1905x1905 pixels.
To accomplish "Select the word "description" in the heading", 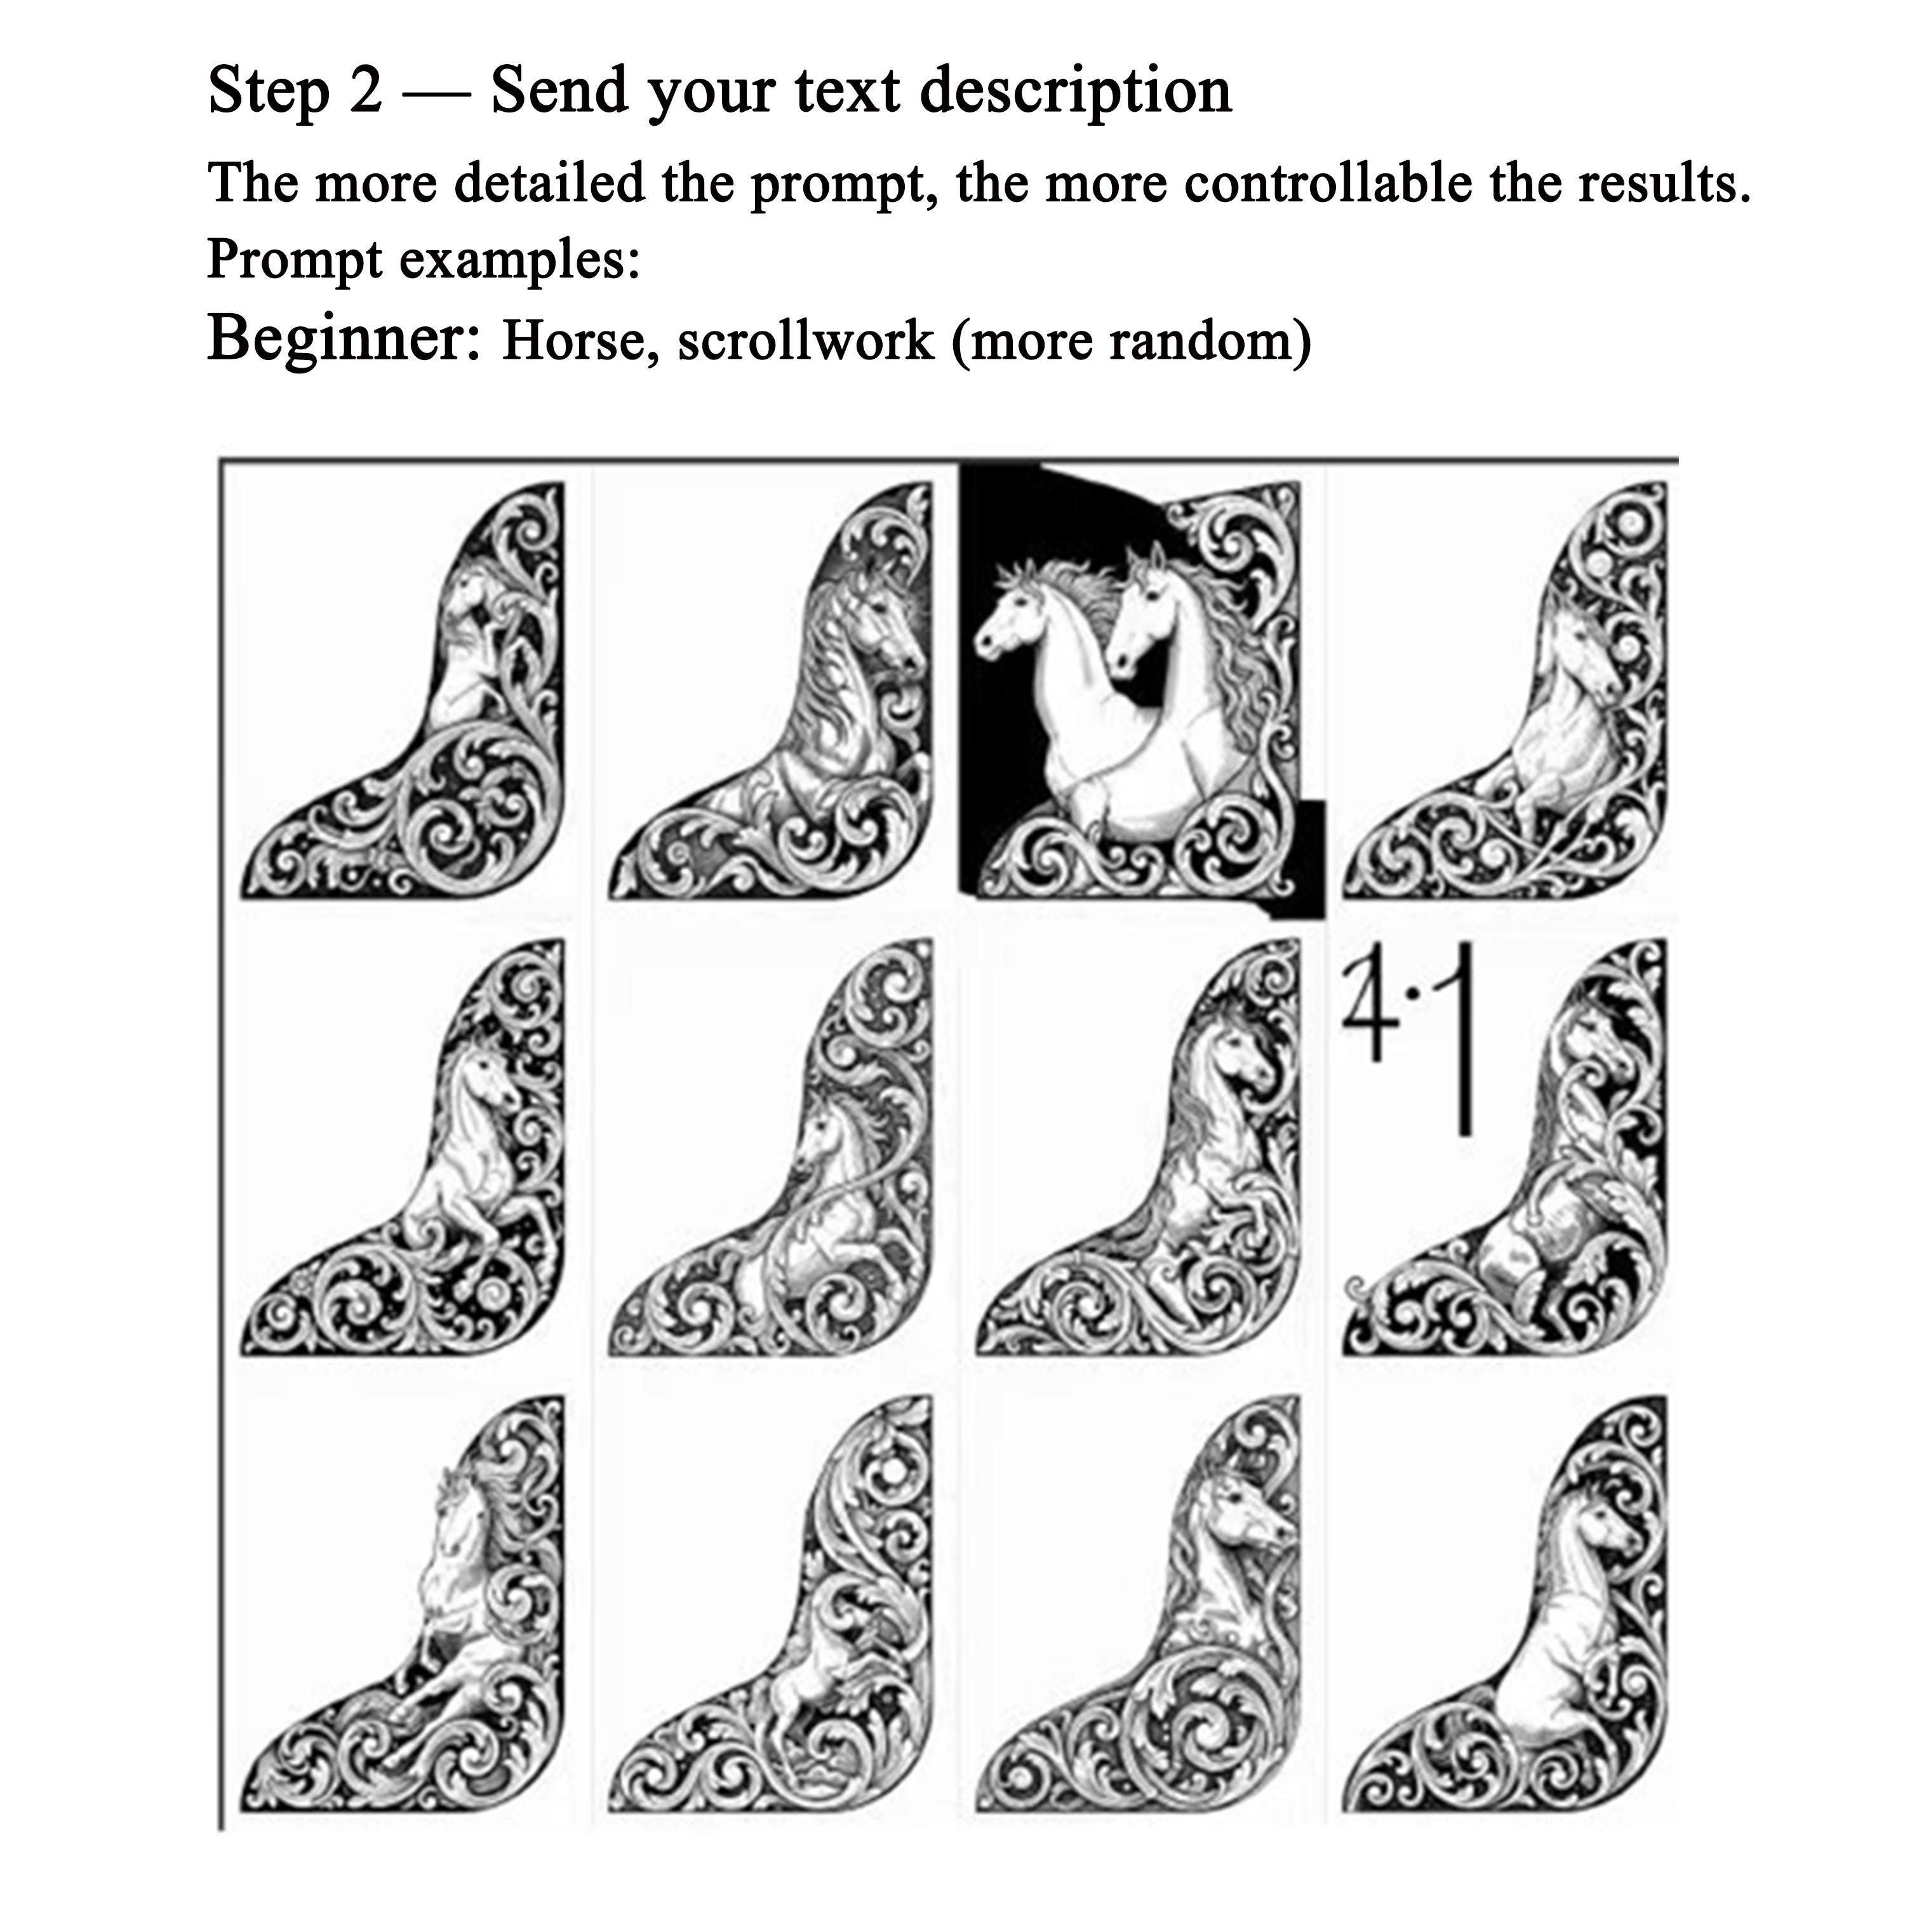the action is click(1076, 91).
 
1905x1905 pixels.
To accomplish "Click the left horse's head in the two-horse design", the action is click(1015, 608).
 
